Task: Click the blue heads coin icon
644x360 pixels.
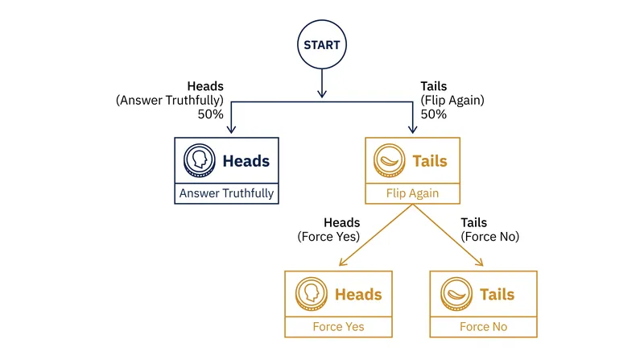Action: click(x=199, y=160)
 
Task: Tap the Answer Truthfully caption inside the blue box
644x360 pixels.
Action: click(x=226, y=193)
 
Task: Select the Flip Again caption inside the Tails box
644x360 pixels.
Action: click(x=412, y=193)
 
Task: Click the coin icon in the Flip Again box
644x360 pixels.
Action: click(x=390, y=160)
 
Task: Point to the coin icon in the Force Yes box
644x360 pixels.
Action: click(x=312, y=294)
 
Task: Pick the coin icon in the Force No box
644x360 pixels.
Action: click(x=456, y=294)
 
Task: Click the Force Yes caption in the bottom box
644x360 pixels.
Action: click(x=338, y=327)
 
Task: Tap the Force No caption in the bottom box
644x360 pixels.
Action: click(x=484, y=327)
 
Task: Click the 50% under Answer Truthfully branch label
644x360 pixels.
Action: click(x=210, y=114)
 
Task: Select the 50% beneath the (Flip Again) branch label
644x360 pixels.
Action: click(x=434, y=114)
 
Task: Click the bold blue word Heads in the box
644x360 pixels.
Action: click(x=246, y=161)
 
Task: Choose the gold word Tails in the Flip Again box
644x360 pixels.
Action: click(x=430, y=161)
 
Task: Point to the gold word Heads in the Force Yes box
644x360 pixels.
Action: click(x=358, y=295)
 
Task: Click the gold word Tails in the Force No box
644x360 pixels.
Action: click(x=497, y=295)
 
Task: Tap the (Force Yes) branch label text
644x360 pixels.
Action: click(x=328, y=237)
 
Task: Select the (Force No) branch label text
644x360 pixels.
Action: click(x=490, y=237)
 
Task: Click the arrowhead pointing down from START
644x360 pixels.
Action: click(x=322, y=93)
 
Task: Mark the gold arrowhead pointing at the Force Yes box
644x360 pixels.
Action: click(x=343, y=263)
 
